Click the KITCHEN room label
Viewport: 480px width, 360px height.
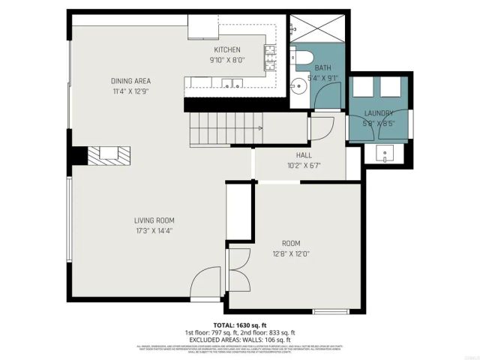(x=226, y=49)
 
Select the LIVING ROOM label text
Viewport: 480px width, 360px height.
(x=154, y=220)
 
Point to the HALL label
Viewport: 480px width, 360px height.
(x=293, y=156)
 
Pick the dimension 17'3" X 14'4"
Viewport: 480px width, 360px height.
(x=154, y=231)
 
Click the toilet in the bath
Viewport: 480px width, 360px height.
(x=304, y=57)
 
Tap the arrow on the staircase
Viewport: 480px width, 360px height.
(x=259, y=128)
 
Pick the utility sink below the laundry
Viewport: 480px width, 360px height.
(x=384, y=156)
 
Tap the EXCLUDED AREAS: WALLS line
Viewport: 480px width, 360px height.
(x=239, y=339)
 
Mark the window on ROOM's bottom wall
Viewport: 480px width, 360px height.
(x=329, y=310)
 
